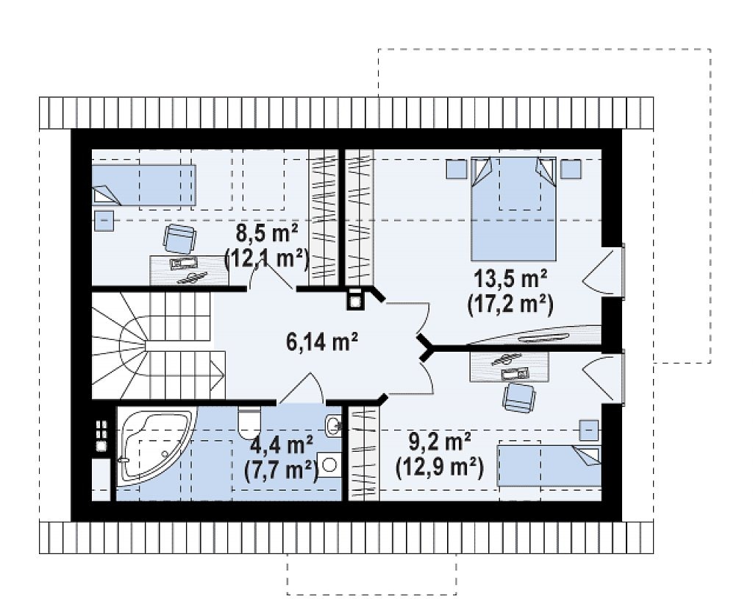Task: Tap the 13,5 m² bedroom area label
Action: (x=510, y=280)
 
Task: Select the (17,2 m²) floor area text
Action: (x=510, y=305)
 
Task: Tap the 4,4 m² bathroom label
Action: (x=282, y=446)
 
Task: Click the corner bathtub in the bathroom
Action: (x=156, y=444)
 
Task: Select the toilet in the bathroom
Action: (x=249, y=419)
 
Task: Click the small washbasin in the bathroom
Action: (x=333, y=425)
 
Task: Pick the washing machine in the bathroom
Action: (x=329, y=464)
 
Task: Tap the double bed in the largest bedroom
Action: (x=513, y=208)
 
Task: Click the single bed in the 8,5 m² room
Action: (x=143, y=185)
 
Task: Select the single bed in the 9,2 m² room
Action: (x=549, y=466)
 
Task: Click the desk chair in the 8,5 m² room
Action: (x=179, y=238)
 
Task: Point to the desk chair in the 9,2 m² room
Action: (x=519, y=398)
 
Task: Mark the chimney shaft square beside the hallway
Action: (x=354, y=299)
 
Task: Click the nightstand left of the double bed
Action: (x=456, y=169)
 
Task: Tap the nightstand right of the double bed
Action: (x=571, y=169)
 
